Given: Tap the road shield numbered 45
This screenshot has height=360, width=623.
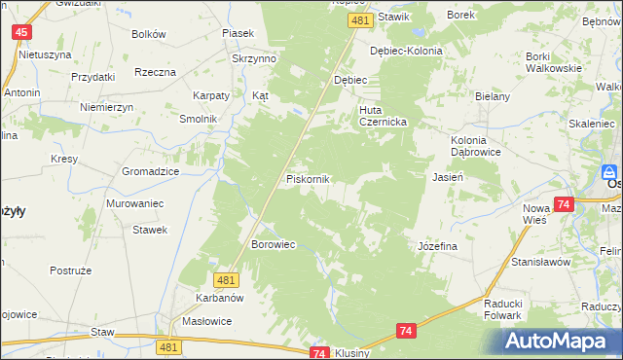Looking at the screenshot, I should click(22, 32).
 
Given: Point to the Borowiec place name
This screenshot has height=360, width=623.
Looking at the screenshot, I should click(274, 244).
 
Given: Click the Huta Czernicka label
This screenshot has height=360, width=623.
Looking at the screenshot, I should click(382, 117).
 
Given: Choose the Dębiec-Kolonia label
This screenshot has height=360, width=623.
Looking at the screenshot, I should click(406, 51).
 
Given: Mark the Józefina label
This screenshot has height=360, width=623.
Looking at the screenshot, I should click(437, 246).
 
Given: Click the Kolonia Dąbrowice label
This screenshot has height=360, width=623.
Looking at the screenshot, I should click(476, 146).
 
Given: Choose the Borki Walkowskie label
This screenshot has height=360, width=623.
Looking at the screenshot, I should click(553, 62).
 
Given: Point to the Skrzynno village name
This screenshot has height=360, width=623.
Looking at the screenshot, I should click(254, 58).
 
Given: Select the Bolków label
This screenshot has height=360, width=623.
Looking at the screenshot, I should click(149, 34).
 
